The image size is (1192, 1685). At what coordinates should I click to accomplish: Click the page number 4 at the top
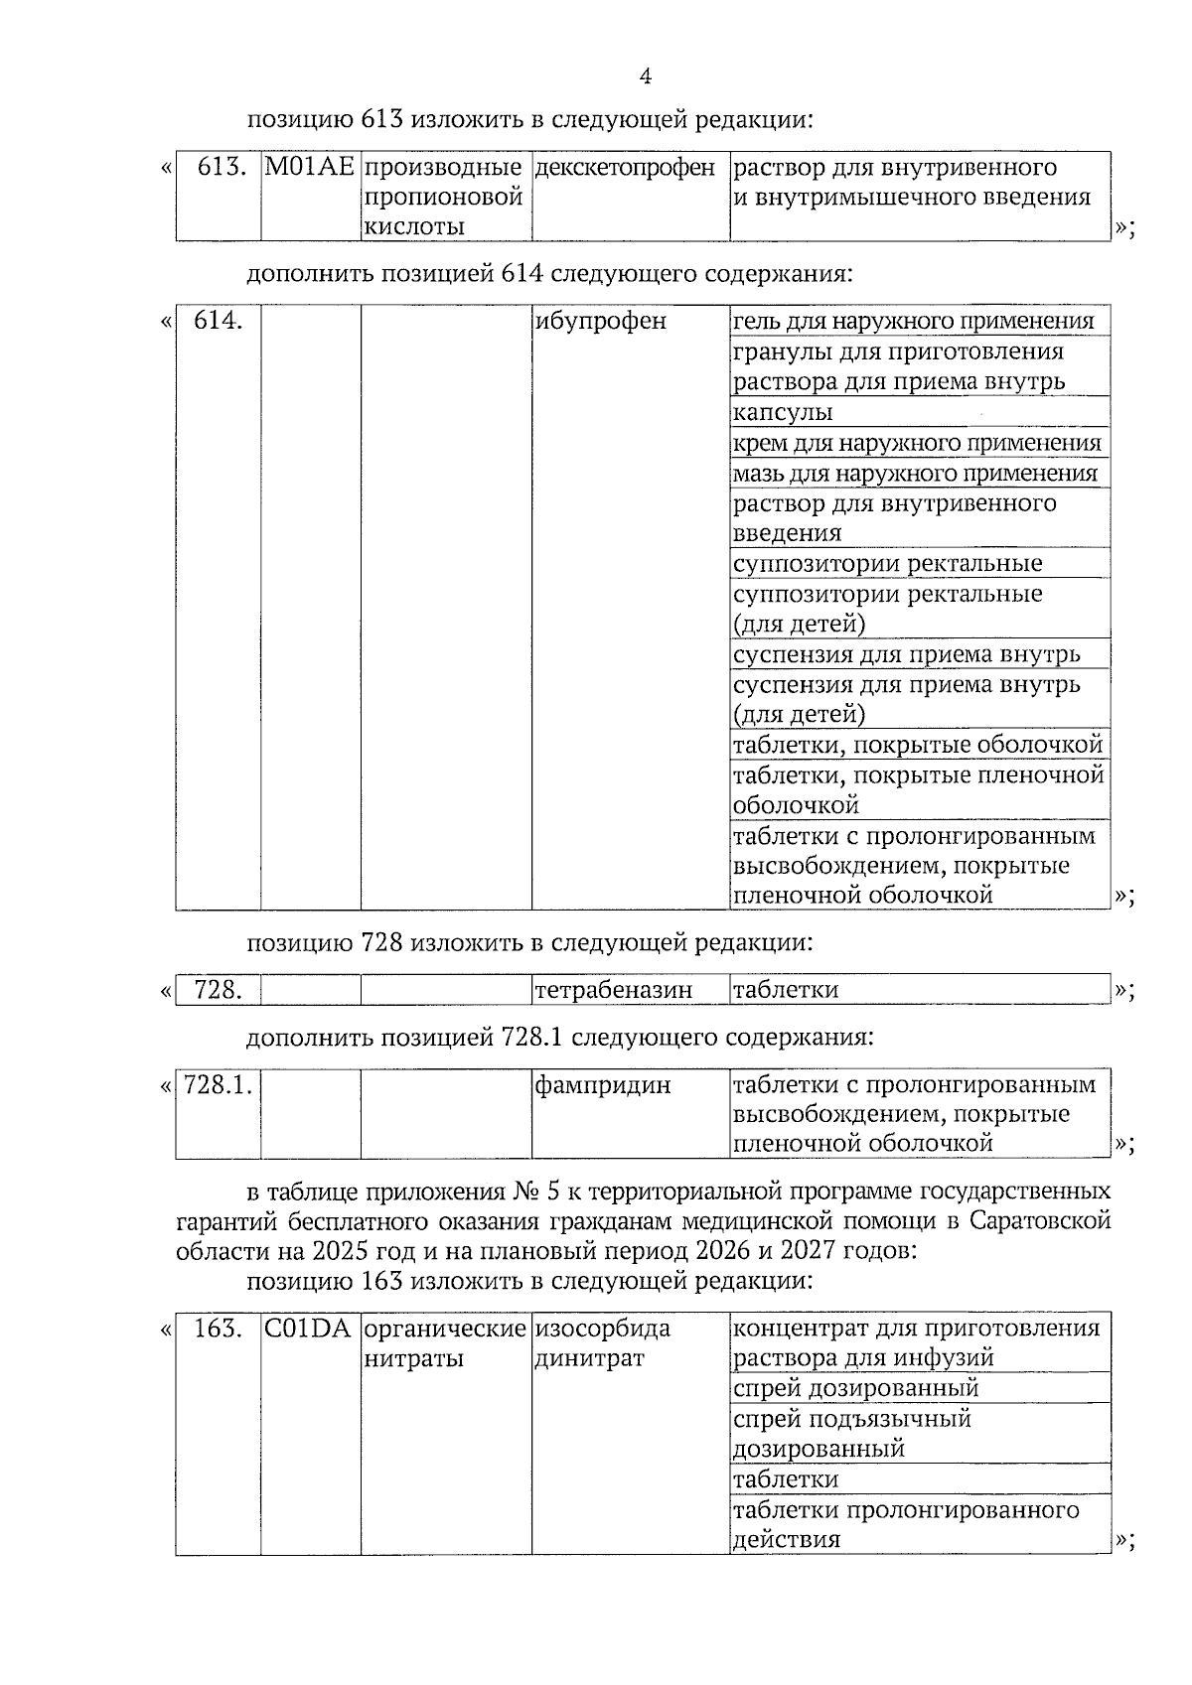(x=646, y=77)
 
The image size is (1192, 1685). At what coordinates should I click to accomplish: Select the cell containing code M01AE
(x=310, y=168)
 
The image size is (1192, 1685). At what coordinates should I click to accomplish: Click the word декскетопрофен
(x=625, y=168)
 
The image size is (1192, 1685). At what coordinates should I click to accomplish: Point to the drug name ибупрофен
(x=600, y=322)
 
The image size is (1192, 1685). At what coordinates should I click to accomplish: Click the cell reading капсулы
(x=783, y=412)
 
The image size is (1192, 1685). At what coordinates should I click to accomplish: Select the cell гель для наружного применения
(x=913, y=322)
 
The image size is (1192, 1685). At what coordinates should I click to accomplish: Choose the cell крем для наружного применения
(x=916, y=443)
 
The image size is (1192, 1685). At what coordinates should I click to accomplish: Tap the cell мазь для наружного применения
(x=915, y=473)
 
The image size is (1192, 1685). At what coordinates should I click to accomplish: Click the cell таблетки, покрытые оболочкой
(x=917, y=745)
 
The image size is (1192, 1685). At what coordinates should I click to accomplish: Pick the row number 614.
(x=219, y=322)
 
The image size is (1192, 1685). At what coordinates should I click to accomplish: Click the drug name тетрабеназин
(x=613, y=990)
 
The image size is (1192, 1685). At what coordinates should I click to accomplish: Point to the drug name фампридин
(x=602, y=1085)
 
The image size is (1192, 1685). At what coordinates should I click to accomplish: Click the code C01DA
(x=309, y=1329)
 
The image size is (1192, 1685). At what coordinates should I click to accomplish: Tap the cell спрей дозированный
(x=855, y=1388)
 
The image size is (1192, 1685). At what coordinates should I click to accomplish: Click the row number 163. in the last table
(x=219, y=1329)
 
